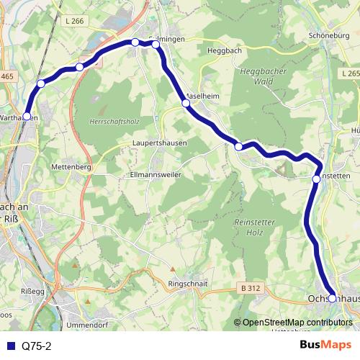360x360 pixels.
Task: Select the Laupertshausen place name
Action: [x=160, y=143]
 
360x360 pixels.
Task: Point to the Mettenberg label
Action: [x=71, y=167]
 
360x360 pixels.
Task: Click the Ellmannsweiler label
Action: [x=154, y=175]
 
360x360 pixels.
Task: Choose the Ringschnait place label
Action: [x=188, y=284]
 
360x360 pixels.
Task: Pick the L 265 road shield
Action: [x=351, y=73]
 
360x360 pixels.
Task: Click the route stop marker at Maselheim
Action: [x=186, y=103]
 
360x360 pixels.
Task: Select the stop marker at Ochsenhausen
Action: [x=332, y=297]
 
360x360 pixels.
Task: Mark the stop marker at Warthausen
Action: [x=27, y=116]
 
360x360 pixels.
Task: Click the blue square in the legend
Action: [x=12, y=345]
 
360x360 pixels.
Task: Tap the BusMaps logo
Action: [x=325, y=345]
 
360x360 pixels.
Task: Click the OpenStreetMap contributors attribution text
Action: [x=295, y=323]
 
